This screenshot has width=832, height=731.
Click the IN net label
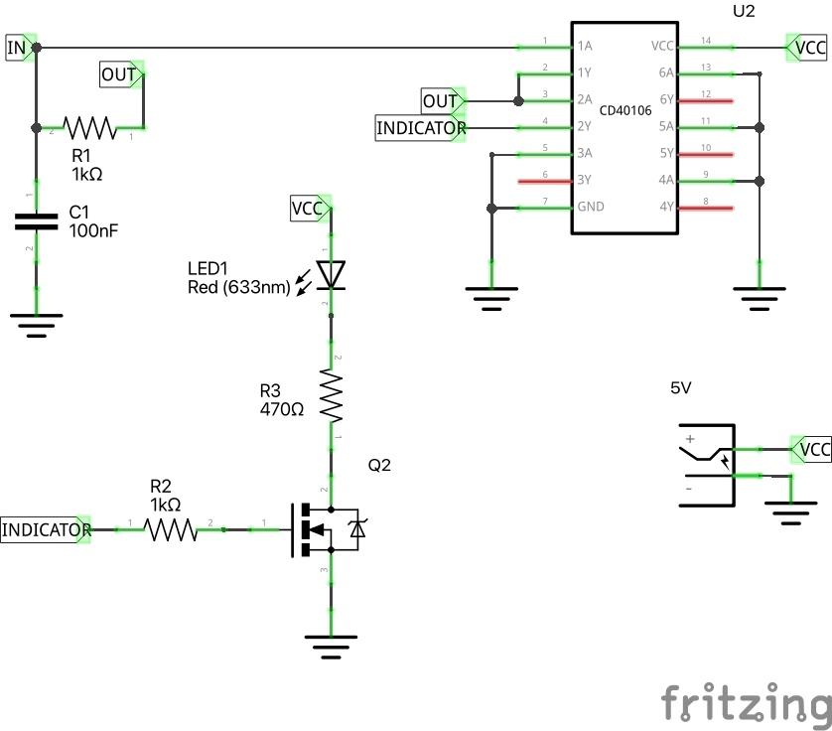tap(17, 47)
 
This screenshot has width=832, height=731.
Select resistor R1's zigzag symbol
tap(90, 127)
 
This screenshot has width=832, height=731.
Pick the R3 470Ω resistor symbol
tap(331, 394)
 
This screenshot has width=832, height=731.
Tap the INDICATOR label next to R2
tap(46, 529)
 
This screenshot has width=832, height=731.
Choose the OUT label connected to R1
tap(121, 73)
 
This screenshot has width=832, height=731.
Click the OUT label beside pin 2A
tap(442, 101)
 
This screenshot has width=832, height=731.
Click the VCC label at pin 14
tap(808, 47)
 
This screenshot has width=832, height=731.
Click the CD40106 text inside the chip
tap(624, 111)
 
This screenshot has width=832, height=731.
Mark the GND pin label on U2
tap(590, 208)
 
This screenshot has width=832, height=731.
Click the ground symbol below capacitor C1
tap(37, 324)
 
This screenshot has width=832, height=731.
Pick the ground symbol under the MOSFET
tap(331, 645)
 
